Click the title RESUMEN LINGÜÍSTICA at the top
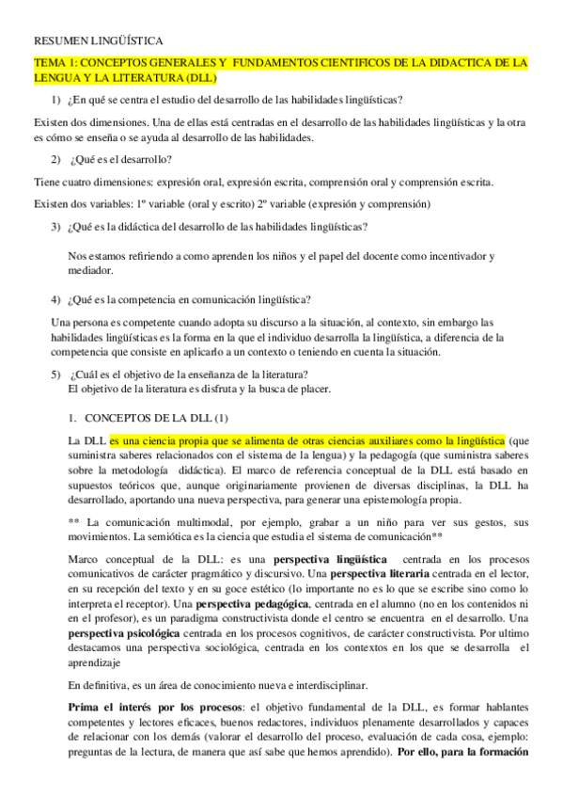[98, 41]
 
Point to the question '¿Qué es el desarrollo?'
[118, 159]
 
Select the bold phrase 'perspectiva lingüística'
[330, 559]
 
